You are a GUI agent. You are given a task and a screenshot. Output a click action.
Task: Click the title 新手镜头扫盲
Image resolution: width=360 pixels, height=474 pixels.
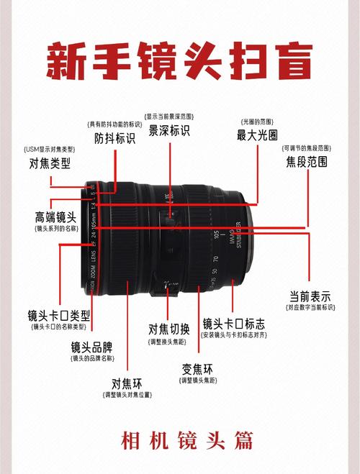point(180,62)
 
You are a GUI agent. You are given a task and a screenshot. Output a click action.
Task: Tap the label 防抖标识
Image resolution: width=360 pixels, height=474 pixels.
point(115,138)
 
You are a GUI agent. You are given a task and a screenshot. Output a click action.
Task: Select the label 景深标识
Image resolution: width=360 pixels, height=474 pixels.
point(169,131)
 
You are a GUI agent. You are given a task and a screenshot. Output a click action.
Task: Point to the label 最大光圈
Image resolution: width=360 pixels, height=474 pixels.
point(257,135)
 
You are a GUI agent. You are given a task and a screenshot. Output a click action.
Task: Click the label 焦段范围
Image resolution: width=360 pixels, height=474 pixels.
point(307,162)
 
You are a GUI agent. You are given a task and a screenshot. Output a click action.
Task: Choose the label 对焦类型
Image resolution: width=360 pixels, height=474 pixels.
point(50,163)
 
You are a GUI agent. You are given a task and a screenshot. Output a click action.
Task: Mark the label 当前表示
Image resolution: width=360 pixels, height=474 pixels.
point(310,296)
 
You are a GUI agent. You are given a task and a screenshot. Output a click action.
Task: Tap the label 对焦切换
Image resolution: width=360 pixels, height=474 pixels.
point(169,329)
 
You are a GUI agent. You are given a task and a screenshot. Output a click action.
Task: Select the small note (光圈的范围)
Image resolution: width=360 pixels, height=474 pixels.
point(257,121)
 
